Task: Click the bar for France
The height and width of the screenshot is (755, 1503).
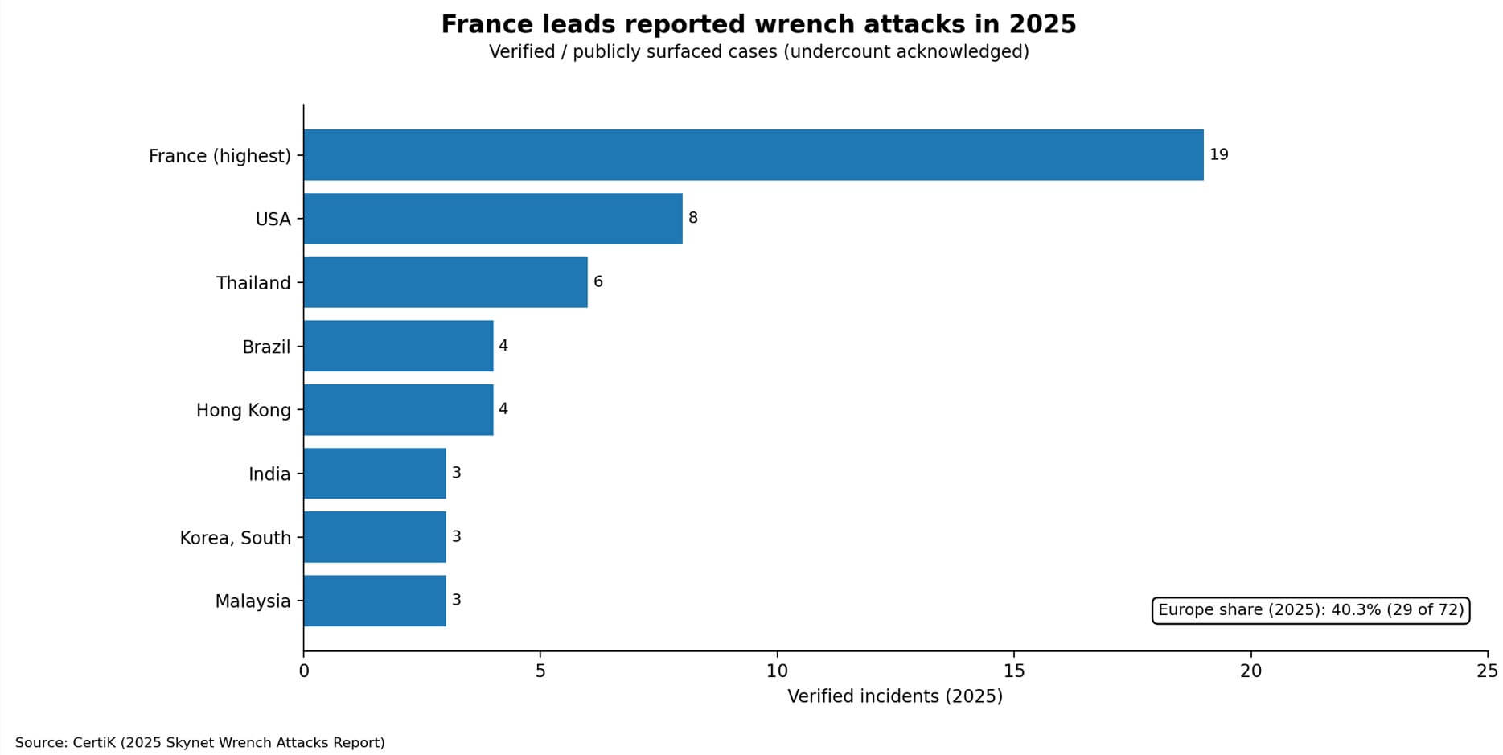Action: [753, 154]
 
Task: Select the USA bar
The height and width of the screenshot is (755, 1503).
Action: [492, 218]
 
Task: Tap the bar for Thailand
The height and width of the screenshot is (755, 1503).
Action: [445, 282]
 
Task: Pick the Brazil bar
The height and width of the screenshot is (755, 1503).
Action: [398, 346]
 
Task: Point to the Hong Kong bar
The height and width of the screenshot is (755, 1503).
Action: [398, 409]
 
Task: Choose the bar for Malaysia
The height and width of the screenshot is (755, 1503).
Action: [374, 601]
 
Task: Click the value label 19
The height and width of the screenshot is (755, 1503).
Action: [1218, 154]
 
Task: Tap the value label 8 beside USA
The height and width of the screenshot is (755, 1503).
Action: [692, 218]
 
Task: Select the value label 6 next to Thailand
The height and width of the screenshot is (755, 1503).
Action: [598, 282]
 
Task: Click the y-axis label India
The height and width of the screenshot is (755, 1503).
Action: [269, 474]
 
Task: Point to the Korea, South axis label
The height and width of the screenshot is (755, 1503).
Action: [235, 537]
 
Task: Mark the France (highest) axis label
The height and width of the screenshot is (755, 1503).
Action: [220, 155]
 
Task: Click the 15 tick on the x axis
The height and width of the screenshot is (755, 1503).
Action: [1013, 671]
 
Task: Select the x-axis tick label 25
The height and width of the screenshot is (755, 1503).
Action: [1487, 671]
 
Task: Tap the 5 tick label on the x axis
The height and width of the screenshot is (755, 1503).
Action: [540, 671]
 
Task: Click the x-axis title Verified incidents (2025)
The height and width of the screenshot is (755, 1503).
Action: [894, 696]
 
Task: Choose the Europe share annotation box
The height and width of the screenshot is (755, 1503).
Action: [1310, 610]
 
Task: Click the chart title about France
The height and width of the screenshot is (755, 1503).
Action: [758, 24]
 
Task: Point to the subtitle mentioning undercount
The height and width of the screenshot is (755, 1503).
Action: [758, 52]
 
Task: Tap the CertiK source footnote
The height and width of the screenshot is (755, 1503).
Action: [199, 742]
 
